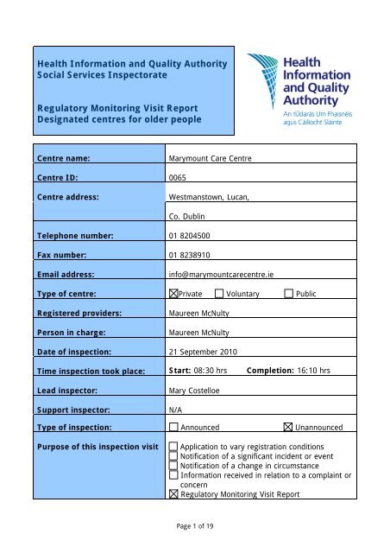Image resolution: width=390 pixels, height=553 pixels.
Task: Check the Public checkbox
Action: (288, 295)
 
